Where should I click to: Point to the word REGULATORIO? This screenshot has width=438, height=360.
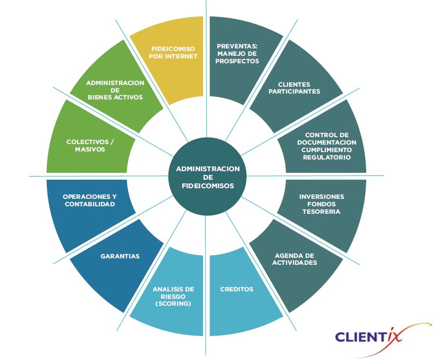pos(327,157)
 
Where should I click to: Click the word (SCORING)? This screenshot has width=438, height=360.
pos(173,304)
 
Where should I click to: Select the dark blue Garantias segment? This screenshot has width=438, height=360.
pos(120,256)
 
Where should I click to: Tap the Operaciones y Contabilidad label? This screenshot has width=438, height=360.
pos(89,200)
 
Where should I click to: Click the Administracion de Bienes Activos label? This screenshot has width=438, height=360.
pos(115,90)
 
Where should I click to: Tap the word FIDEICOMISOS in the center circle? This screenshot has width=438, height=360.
pos(208,186)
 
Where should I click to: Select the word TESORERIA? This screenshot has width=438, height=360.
pos(322,212)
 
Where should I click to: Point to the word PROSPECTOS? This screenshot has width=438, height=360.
pos(238,61)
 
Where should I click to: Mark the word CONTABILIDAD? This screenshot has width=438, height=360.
pos(90,204)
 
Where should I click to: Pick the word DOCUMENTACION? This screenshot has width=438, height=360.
pos(327,143)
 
